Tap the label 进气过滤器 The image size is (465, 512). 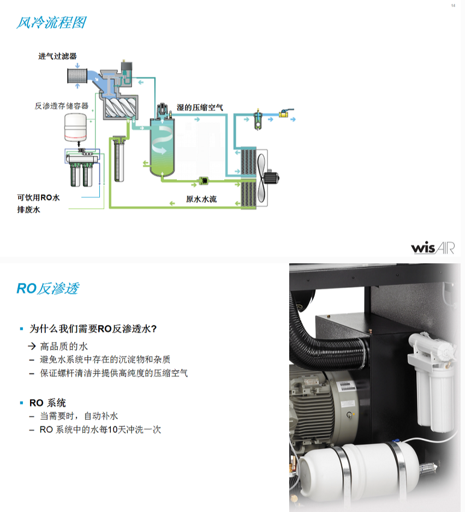tap(57, 56)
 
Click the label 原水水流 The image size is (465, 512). tap(201, 199)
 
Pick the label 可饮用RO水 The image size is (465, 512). tap(38, 197)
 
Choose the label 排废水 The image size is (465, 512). tap(29, 209)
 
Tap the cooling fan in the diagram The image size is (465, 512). tap(267, 177)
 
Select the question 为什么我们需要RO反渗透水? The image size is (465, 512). tap(93, 329)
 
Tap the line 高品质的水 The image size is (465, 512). tap(64, 346)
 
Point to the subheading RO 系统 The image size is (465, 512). tap(47, 403)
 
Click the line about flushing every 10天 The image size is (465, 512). tap(100, 429)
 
